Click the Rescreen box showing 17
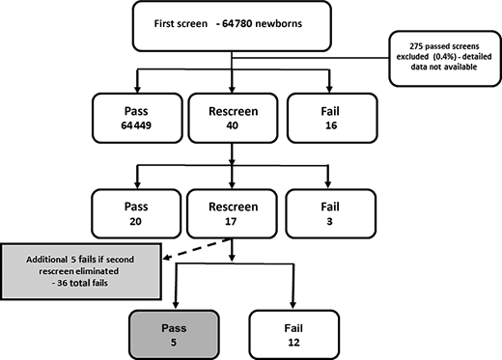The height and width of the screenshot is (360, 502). [233, 208]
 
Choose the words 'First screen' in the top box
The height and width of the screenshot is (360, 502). [181, 23]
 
